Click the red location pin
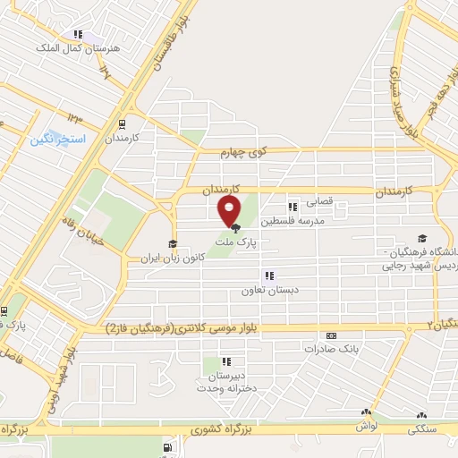point(230,210)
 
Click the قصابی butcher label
point(320,202)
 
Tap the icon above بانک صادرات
point(331,335)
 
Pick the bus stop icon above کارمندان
point(122,125)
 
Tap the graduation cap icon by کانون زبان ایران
point(172,243)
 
